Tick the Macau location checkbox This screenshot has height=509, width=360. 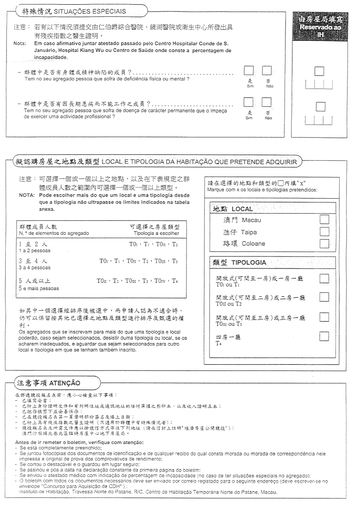[x=324, y=219]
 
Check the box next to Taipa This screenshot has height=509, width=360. [x=324, y=231]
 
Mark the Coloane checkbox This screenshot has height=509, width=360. [x=324, y=243]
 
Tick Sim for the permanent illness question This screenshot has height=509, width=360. [x=249, y=102]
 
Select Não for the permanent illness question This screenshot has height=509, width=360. [x=267, y=102]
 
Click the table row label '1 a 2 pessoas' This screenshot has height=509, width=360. [x=34, y=251]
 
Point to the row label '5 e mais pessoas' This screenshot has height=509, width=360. [x=39, y=288]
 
